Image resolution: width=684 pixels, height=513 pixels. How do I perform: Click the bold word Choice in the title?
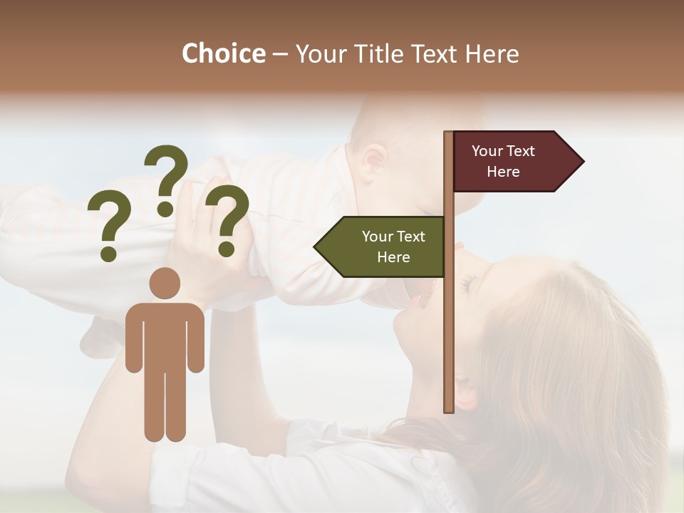[x=223, y=53]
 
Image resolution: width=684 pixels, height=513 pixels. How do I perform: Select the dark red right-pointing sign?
[x=513, y=162]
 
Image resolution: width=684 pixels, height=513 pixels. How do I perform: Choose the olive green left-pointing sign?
[x=385, y=247]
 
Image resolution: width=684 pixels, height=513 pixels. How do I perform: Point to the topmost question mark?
[x=166, y=178]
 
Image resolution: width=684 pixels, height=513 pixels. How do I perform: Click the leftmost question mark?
[x=108, y=226]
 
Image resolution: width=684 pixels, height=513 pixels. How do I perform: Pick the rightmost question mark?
[x=227, y=219]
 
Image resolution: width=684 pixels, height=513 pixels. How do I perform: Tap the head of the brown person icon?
[x=165, y=283]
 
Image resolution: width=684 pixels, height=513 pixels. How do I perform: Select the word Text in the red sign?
[x=520, y=151]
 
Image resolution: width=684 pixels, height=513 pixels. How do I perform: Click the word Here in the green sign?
[x=393, y=257]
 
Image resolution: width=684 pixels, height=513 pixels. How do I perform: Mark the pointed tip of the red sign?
[x=582, y=162]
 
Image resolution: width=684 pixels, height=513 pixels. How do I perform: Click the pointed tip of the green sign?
[x=316, y=247]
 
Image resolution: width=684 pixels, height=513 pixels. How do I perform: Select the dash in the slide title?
[x=280, y=54]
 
